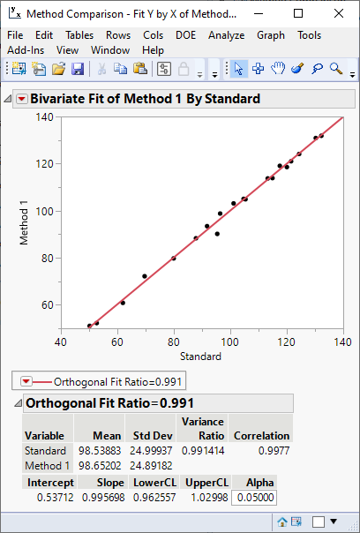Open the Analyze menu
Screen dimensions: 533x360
[x=227, y=35]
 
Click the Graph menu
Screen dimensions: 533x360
[x=271, y=35]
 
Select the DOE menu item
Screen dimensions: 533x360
[x=185, y=35]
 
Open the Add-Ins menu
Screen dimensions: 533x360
[x=26, y=50]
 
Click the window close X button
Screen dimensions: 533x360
[x=337, y=14]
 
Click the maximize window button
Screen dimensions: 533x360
[x=297, y=14]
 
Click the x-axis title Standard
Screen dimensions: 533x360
[x=200, y=357]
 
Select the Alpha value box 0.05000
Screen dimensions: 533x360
[x=255, y=498]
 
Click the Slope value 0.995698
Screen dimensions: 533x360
[x=103, y=498]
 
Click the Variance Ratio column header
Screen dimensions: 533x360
[x=202, y=429]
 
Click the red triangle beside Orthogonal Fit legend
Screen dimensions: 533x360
[x=26, y=381]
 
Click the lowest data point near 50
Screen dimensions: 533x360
[x=89, y=326]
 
